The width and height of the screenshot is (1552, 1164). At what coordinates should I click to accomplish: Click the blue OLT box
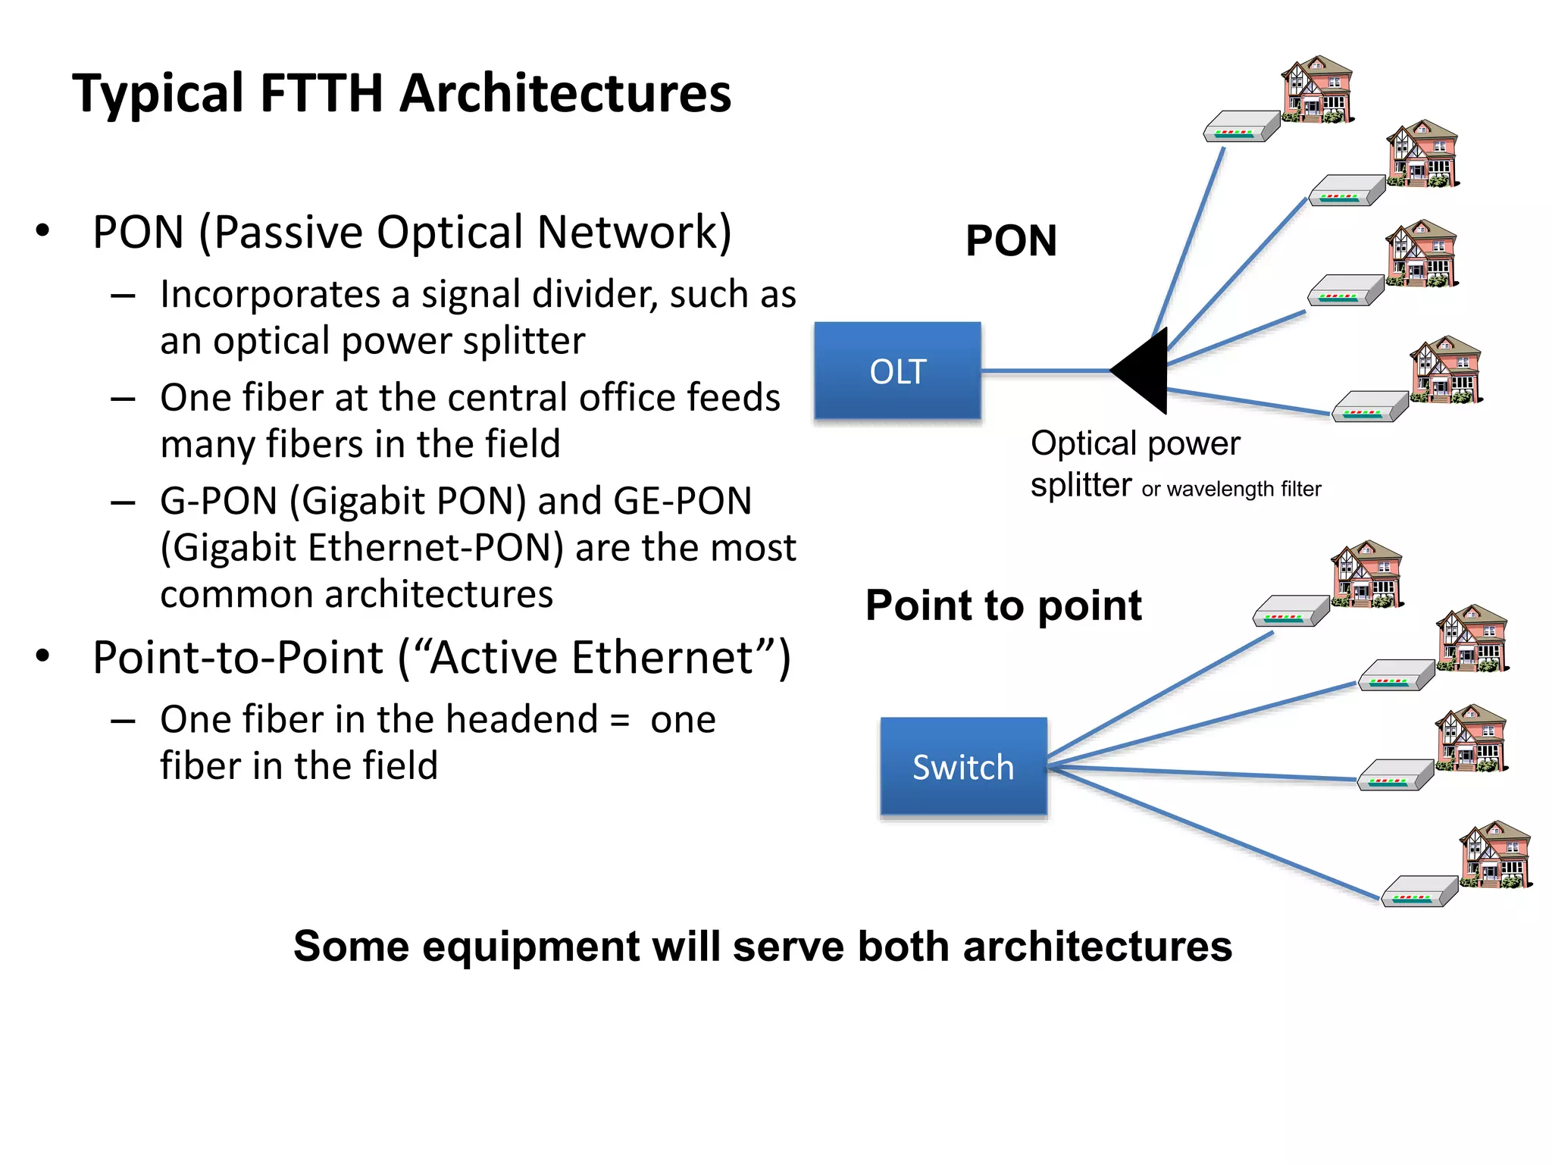coord(897,371)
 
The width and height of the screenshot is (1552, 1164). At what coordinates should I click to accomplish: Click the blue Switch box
coord(963,766)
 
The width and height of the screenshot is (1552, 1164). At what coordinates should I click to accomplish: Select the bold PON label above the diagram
coord(1011,241)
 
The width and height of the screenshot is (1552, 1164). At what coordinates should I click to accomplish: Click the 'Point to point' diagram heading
coord(1003,605)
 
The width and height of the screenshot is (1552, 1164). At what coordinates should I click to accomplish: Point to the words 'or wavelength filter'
coord(1231,490)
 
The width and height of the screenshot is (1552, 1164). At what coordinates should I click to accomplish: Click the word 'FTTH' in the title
coord(321,93)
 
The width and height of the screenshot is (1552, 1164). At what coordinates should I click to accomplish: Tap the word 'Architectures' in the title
coord(565,93)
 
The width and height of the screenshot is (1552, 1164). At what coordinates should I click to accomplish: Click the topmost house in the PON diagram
coord(1317,89)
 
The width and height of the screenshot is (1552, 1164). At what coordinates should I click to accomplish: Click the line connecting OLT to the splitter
coord(1046,371)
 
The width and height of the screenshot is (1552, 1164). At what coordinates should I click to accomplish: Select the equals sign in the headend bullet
coord(620,720)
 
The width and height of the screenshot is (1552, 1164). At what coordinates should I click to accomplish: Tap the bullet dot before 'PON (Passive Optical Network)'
coord(43,230)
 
